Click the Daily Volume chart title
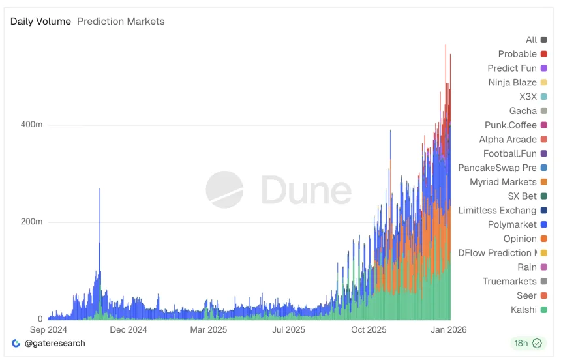coord(40,22)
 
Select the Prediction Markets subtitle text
coord(121,22)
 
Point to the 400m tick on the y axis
coord(31,125)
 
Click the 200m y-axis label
coord(31,222)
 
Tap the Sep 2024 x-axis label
coord(48,330)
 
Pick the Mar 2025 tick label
coord(208,330)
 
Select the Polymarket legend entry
coord(512,224)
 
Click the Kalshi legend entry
coord(524,310)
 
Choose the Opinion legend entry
coord(520,239)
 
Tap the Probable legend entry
coord(517,54)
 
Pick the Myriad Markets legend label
coord(503,182)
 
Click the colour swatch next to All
coord(544,40)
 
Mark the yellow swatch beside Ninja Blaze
coord(544,83)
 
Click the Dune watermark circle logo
coord(224,190)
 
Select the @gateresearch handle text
coord(55,343)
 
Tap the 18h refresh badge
coord(528,343)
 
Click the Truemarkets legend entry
coord(509,282)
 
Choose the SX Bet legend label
coord(522,196)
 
